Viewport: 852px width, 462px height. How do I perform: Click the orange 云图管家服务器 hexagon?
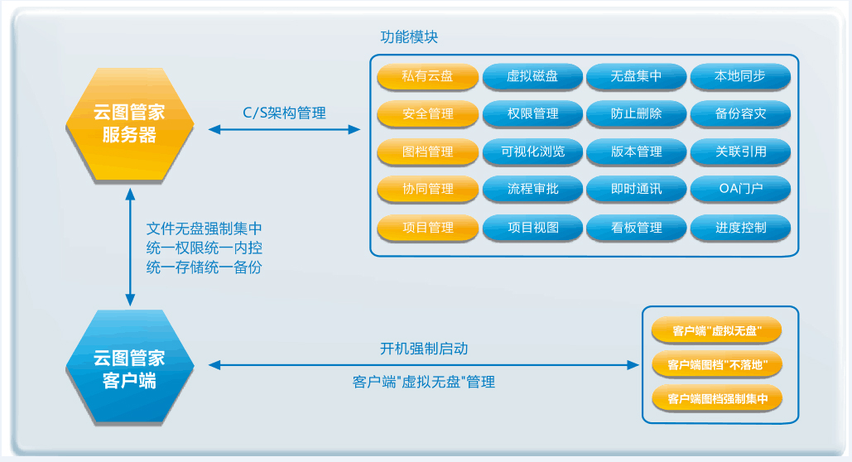(130, 124)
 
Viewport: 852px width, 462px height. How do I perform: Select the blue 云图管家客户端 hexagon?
(130, 367)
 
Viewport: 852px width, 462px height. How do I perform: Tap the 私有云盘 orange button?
(427, 76)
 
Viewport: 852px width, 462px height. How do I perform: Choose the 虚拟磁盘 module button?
(532, 76)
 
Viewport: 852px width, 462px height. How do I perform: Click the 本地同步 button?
(740, 76)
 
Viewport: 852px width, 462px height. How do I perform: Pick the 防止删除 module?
(636, 113)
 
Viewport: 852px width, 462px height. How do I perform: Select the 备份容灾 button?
(740, 113)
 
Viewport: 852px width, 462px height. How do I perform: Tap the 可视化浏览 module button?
(532, 152)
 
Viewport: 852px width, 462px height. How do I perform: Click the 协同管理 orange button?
(427, 189)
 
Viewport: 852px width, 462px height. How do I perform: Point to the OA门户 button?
(740, 189)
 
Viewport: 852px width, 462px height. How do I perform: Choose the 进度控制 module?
(740, 228)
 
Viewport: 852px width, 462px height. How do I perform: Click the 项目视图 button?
(532, 228)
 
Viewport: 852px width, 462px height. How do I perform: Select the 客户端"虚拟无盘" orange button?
(717, 330)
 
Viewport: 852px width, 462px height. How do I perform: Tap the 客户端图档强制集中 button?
(717, 399)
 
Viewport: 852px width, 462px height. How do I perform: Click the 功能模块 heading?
(409, 37)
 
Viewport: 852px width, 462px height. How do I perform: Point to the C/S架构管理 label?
(284, 113)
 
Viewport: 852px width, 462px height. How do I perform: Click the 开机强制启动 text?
(424, 349)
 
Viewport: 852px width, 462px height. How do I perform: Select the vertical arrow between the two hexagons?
(130, 248)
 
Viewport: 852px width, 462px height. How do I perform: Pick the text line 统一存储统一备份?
(205, 267)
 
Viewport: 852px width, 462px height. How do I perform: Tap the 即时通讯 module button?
(636, 189)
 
